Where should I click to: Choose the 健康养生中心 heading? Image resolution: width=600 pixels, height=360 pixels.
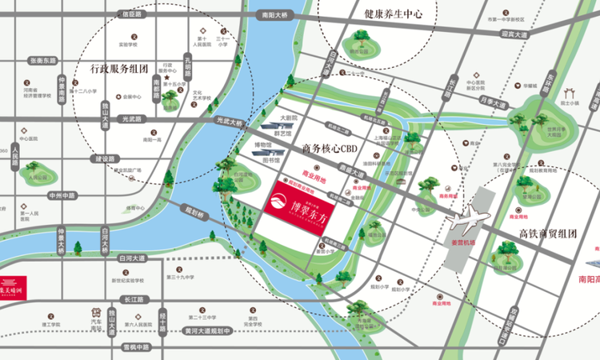[x=393, y=14]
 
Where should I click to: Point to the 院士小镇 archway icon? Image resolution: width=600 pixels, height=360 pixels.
[x=570, y=93]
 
